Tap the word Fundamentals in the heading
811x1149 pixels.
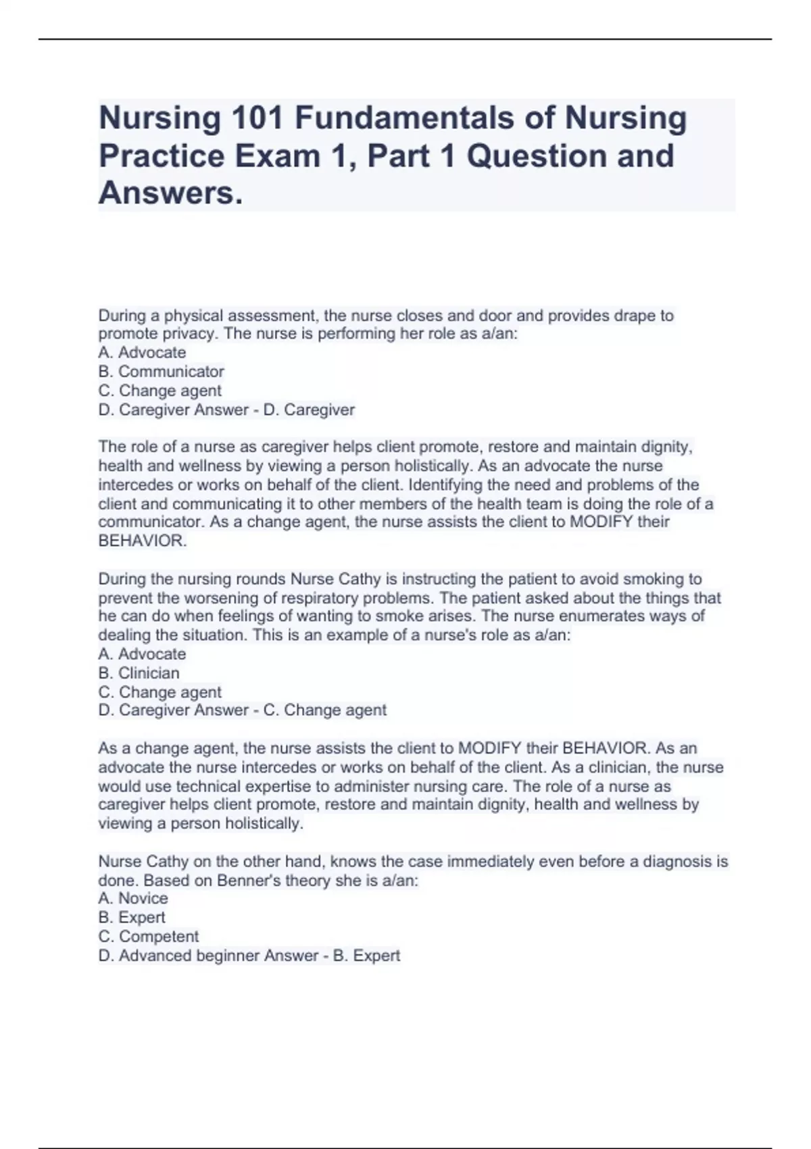coord(403,118)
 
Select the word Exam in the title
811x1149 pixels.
coord(277,156)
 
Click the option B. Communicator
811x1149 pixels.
coord(161,372)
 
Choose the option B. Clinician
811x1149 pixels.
coord(139,673)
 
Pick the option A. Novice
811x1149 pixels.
coord(133,898)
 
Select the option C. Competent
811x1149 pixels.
coord(149,937)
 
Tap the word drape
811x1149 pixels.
coord(632,316)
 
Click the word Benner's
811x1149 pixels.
coord(241,881)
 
